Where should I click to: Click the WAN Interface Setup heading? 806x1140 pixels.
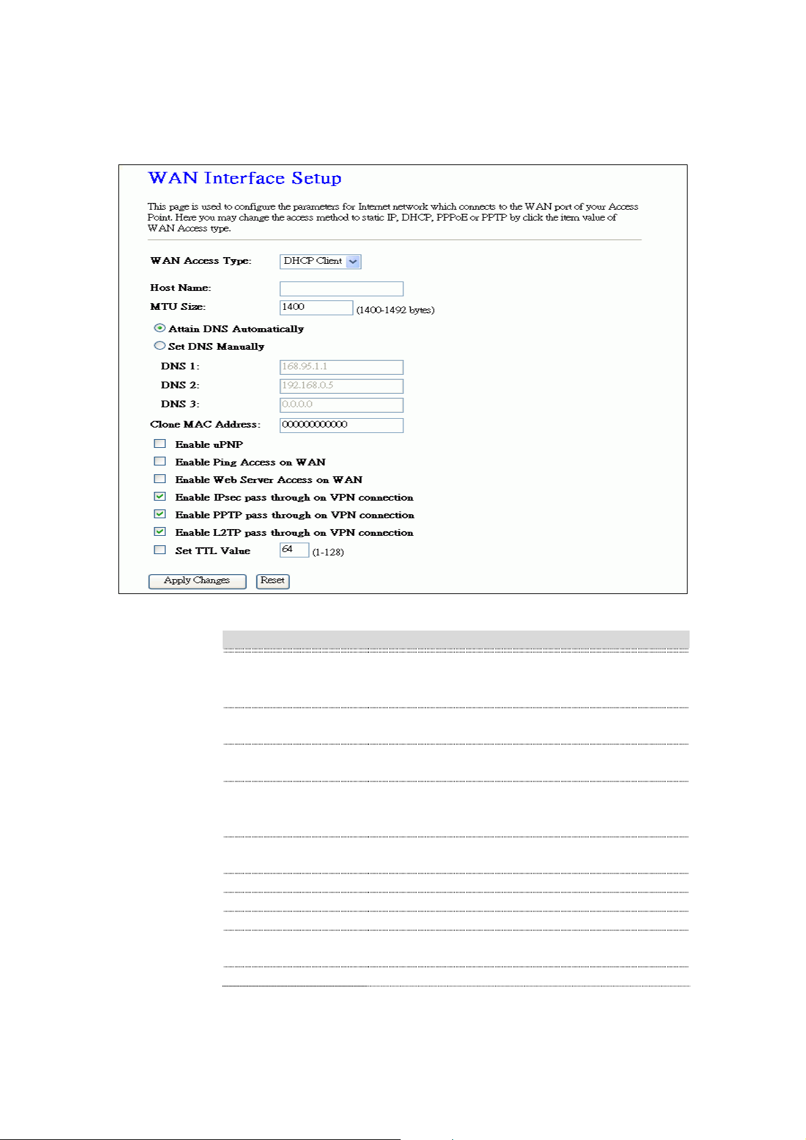click(244, 178)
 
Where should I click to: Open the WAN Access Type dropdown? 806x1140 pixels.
click(320, 261)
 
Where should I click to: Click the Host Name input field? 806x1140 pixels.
click(341, 289)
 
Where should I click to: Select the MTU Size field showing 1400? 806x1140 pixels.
click(316, 308)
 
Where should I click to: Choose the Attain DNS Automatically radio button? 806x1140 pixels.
click(160, 328)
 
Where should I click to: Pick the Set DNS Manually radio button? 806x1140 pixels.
click(160, 346)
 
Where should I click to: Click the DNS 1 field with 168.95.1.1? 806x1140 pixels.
click(341, 367)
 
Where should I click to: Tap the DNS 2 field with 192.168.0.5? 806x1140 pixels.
click(341, 386)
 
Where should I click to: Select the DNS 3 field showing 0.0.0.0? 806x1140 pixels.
click(341, 405)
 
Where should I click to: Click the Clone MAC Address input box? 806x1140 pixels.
click(341, 425)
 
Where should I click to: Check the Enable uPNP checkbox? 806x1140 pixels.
click(160, 444)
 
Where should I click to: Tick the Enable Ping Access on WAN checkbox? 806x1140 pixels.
click(160, 461)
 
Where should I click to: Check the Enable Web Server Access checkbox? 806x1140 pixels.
click(160, 479)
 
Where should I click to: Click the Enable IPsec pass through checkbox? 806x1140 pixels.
click(160, 497)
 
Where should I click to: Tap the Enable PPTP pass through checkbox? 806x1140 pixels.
click(160, 514)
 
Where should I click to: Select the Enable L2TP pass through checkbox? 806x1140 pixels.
click(160, 532)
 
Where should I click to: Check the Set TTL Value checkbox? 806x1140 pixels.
click(160, 550)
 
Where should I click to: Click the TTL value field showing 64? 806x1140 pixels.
click(294, 550)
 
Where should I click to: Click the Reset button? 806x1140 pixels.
click(273, 581)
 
